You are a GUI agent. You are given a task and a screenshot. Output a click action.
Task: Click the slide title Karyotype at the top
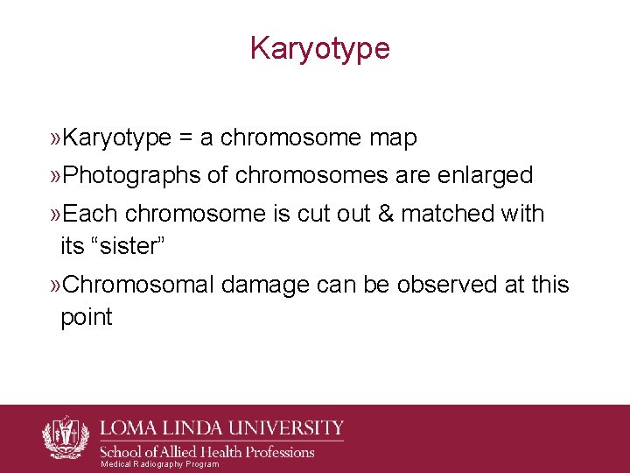[x=319, y=48]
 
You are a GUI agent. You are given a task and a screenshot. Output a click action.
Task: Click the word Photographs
[x=132, y=175]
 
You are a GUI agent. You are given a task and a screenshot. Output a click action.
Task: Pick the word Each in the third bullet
[x=91, y=214]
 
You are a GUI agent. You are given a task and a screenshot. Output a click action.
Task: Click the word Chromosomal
[x=140, y=285]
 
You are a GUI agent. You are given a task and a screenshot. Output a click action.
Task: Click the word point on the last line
[x=86, y=317]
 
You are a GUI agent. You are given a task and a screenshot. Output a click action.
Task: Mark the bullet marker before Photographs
[x=56, y=176]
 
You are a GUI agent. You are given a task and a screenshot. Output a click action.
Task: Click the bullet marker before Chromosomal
[x=56, y=286]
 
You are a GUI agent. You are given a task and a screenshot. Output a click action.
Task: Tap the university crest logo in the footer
[x=66, y=436]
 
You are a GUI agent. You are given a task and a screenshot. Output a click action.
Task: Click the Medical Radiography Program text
[x=159, y=464]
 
